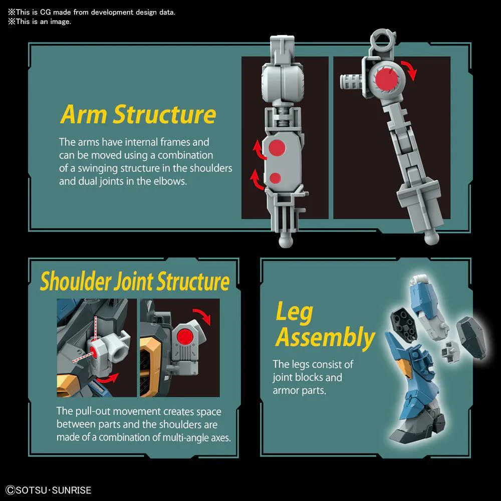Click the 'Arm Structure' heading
coord(138,114)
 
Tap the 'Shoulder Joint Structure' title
coord(134,281)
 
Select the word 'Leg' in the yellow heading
coord(294,313)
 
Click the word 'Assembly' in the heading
coord(325,337)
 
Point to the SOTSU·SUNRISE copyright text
coord(49,490)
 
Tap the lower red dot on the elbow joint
coord(275,178)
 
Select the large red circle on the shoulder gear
coord(387,79)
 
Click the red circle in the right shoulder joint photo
coord(185,337)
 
